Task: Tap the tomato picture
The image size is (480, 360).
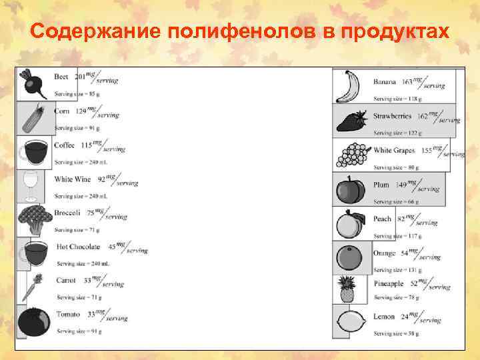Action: (32, 321)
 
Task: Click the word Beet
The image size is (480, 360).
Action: (61, 77)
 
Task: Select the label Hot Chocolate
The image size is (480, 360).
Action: (78, 247)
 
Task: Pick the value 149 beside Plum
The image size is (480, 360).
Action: (401, 185)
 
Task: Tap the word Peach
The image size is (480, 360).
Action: (382, 219)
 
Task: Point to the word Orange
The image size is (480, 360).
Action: (384, 253)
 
